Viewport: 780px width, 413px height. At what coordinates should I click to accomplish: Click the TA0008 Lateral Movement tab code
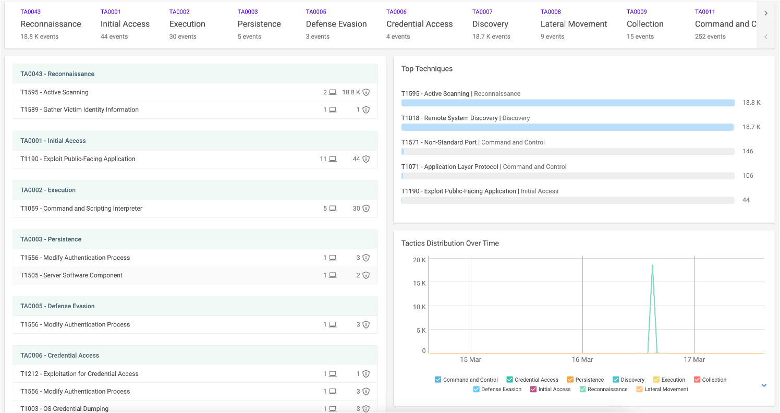pos(551,11)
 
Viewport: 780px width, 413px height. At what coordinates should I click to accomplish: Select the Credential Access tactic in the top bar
pos(419,23)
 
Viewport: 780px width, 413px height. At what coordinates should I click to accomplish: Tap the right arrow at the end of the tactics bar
pos(766,13)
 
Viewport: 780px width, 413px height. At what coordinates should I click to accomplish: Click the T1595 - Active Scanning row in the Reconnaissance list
pos(54,92)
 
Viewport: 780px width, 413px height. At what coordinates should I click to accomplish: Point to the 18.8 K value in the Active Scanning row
pos(351,92)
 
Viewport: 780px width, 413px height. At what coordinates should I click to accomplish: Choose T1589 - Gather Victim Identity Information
pos(79,110)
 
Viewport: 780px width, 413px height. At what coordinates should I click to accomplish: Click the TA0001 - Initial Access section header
pos(53,141)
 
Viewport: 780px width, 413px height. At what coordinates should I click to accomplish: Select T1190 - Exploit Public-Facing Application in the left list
pos(78,159)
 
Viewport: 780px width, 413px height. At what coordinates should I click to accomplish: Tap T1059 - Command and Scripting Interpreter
pos(81,208)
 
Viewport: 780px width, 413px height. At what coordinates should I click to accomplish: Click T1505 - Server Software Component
pos(71,275)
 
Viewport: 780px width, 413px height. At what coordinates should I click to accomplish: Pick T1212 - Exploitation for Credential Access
pos(79,374)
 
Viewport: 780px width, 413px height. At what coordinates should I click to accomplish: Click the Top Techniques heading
pos(427,69)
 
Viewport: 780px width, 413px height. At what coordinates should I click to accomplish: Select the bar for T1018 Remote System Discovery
pos(568,127)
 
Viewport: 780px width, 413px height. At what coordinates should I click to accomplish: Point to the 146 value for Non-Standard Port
pos(748,151)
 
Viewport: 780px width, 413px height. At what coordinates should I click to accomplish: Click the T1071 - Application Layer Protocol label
pos(449,167)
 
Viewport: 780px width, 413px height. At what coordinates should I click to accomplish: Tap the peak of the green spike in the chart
pos(652,265)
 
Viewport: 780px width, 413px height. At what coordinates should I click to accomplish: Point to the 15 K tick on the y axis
pos(419,283)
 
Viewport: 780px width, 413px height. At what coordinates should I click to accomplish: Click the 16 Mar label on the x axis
pos(582,359)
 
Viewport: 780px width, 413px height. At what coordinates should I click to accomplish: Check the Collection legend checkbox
pos(697,380)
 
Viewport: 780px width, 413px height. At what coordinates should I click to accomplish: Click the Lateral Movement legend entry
pos(662,390)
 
